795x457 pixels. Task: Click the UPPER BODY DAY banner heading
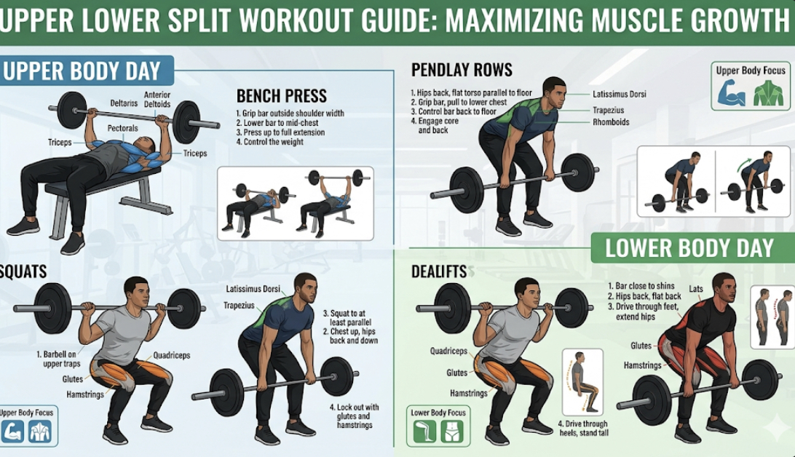click(82, 71)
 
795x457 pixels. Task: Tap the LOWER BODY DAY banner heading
click(689, 247)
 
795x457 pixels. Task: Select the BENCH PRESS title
click(282, 96)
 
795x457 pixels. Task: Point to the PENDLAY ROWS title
click(462, 70)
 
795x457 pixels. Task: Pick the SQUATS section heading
click(23, 271)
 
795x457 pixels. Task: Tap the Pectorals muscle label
click(123, 128)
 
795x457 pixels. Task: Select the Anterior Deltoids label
click(157, 99)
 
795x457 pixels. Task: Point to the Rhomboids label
click(611, 122)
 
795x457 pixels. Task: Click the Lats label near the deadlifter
click(696, 289)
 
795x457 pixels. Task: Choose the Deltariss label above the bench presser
click(124, 103)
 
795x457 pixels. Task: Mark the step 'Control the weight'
click(269, 142)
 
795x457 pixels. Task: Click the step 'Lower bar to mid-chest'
click(277, 122)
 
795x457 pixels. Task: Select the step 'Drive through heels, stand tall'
click(583, 428)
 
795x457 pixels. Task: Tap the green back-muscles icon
click(768, 93)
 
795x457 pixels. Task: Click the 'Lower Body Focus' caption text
click(438, 413)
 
